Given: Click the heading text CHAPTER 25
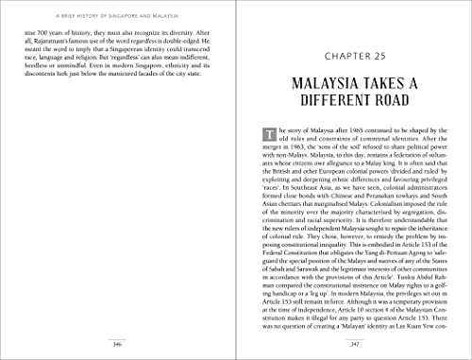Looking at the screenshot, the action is [x=354, y=42].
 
